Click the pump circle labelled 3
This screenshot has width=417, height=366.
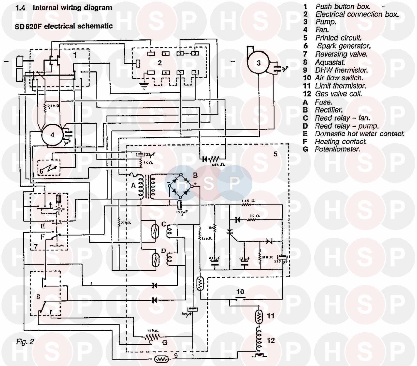[259, 63]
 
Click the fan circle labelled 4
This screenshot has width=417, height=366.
[52, 135]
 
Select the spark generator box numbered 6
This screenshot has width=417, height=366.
[49, 168]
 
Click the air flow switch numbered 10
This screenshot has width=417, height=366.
[240, 298]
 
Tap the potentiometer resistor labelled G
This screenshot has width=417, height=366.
[152, 337]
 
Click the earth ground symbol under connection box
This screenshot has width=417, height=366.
[144, 86]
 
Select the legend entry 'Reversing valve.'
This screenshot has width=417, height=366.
[341, 54]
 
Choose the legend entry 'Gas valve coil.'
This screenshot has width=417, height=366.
[338, 94]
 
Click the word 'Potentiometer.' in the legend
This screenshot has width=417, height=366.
[337, 149]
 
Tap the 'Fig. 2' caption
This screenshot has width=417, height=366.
[25, 342]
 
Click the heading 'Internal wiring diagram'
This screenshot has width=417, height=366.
[72, 8]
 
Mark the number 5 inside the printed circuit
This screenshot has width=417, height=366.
[275, 154]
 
